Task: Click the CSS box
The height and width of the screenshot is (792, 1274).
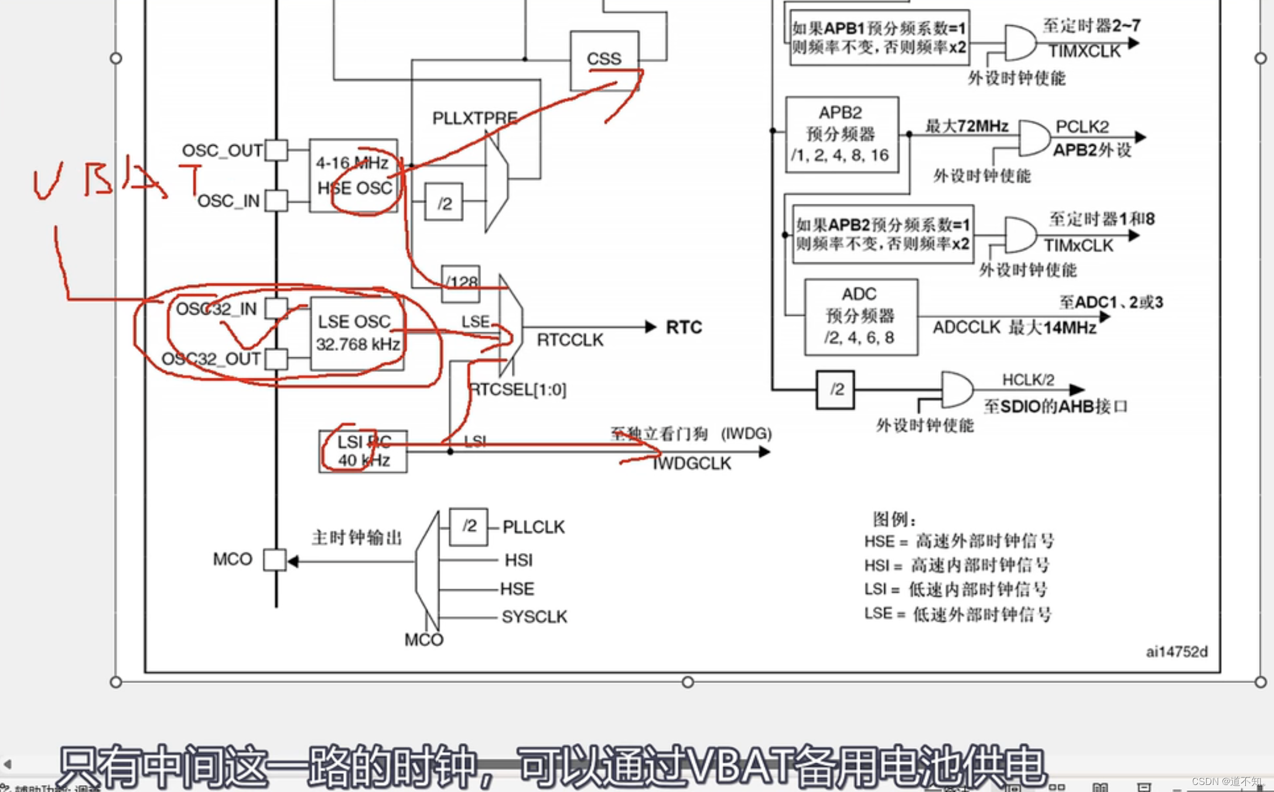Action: click(x=604, y=60)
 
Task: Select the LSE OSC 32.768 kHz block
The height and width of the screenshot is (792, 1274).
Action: click(x=357, y=333)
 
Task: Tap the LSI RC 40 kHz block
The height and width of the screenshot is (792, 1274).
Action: click(x=363, y=451)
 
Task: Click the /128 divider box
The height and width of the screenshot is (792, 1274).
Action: click(x=460, y=283)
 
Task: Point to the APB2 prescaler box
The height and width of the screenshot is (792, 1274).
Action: click(x=841, y=135)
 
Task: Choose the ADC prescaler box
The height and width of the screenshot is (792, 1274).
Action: click(x=860, y=316)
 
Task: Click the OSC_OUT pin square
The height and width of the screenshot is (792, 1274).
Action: click(x=276, y=151)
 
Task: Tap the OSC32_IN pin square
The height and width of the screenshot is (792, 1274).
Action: click(x=276, y=308)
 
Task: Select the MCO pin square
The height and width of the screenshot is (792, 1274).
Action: click(x=274, y=560)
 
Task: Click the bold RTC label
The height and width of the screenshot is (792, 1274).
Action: click(x=684, y=327)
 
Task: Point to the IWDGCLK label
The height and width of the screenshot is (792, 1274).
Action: click(x=692, y=463)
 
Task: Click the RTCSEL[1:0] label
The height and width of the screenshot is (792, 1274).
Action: click(x=518, y=390)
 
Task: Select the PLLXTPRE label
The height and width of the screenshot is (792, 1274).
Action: click(x=474, y=118)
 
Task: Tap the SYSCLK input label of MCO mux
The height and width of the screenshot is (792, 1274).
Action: click(x=534, y=617)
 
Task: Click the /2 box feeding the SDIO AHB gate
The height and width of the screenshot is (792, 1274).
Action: click(x=835, y=390)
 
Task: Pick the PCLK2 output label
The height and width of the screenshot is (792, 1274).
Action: click(x=1082, y=127)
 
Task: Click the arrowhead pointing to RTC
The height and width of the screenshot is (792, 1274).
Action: click(x=650, y=327)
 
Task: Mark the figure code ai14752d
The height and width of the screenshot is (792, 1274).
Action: click(x=1177, y=652)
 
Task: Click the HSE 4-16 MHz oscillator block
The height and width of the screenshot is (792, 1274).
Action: click(x=353, y=175)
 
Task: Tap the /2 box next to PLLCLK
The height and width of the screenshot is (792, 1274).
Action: click(x=469, y=527)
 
